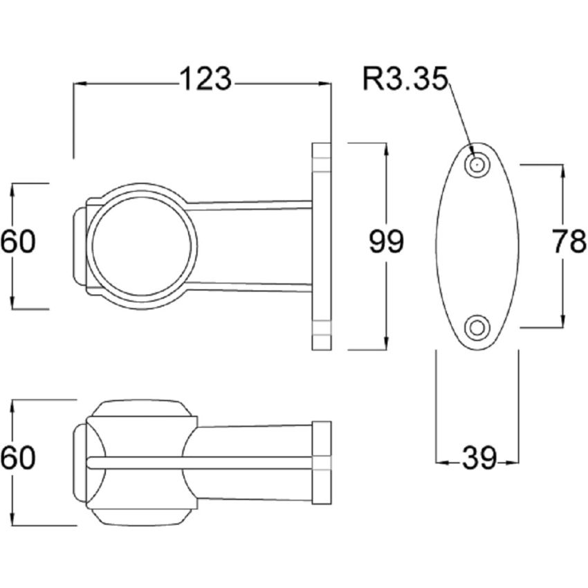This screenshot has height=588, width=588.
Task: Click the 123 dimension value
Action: (205, 80)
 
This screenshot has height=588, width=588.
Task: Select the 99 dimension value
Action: (385, 243)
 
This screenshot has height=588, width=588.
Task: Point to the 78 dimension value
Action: (569, 243)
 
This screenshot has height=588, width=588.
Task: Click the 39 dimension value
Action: (477, 458)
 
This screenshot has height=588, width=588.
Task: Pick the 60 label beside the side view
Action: (17, 243)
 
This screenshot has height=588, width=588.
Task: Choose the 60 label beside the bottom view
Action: (17, 458)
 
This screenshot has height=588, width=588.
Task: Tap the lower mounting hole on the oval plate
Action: (476, 327)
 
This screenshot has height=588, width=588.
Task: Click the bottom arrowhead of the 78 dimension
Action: (561, 322)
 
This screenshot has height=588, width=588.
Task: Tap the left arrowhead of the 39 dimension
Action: (440, 461)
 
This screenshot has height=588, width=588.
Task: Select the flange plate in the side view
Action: (322, 246)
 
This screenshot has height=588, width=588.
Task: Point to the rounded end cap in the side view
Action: (78, 246)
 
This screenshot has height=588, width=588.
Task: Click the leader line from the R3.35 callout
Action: (460, 118)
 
